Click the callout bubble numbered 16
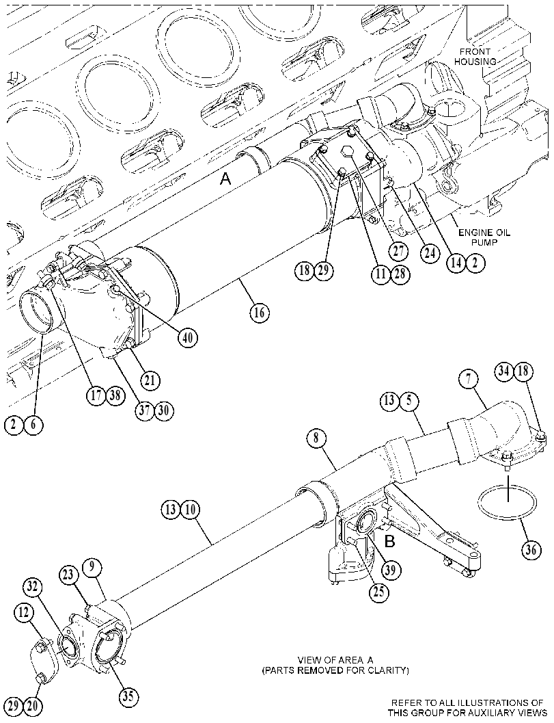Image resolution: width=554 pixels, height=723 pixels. tap(260, 313)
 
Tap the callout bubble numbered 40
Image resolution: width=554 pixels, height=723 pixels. tap(187, 338)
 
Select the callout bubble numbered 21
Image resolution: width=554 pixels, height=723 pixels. tap(150, 381)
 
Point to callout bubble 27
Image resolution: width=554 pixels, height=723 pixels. tap(398, 251)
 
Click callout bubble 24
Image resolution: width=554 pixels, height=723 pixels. tap(430, 254)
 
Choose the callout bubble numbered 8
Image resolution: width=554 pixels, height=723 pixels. tap(316, 438)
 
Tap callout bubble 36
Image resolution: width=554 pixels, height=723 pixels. tap(531, 550)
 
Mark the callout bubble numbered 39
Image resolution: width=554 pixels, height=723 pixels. tap(390, 570)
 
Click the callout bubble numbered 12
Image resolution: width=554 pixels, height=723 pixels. tap(23, 613)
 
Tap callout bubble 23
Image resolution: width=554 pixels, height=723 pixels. tap(69, 575)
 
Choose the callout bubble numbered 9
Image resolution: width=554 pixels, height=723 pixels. tap(92, 568)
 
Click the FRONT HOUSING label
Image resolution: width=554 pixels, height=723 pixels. tap(475, 56)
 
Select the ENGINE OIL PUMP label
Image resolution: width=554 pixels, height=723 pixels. tap(484, 237)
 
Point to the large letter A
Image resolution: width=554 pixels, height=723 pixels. tap(225, 178)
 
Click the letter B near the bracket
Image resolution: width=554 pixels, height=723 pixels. tap(389, 541)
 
